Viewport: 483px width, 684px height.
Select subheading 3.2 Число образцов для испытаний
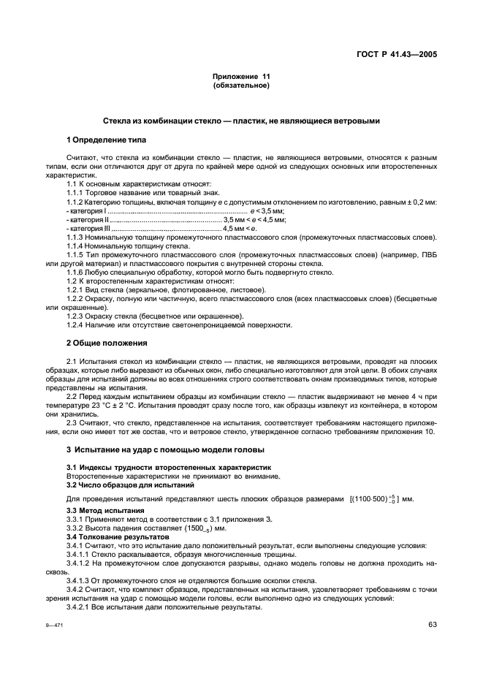tap(121, 484)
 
